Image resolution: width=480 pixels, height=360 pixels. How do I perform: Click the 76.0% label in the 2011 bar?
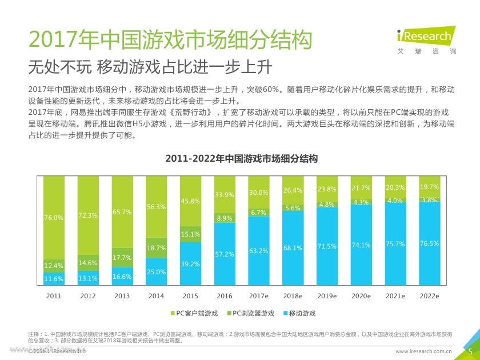53,217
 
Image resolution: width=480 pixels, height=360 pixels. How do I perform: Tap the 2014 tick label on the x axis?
156,296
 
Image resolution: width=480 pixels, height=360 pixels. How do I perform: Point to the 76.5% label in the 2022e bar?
429,243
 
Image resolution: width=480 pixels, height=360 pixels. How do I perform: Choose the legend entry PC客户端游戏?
194,313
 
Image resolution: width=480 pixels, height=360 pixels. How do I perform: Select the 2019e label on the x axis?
327,296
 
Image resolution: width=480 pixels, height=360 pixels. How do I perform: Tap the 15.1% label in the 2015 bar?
190,234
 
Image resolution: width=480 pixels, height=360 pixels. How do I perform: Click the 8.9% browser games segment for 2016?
224,218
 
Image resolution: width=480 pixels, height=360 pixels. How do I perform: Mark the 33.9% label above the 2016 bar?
224,195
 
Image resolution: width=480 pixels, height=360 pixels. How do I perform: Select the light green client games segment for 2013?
122,211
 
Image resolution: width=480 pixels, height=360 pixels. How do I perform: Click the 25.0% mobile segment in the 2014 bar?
156,271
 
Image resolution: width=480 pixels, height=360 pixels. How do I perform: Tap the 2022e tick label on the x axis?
429,296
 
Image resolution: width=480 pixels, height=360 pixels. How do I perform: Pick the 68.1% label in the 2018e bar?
293,248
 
